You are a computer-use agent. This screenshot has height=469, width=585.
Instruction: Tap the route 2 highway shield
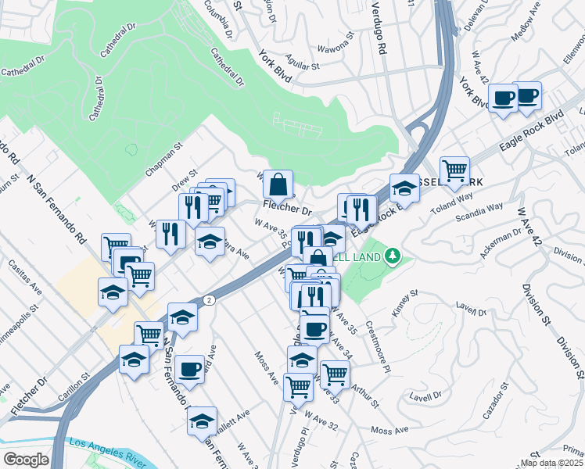click(x=209, y=300)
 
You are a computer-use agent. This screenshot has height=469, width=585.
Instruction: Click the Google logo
click(x=26, y=460)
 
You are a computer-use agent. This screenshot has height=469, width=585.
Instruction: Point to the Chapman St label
click(x=163, y=158)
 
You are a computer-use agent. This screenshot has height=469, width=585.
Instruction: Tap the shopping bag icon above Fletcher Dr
click(x=278, y=185)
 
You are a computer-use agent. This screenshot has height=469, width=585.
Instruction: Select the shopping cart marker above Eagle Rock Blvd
click(x=454, y=170)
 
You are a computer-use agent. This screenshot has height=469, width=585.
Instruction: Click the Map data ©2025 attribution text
click(x=551, y=463)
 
